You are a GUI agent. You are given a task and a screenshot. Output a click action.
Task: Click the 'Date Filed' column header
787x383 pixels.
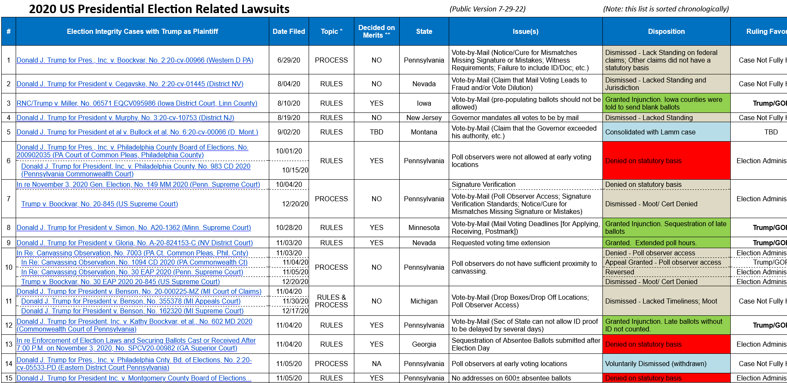click(289, 31)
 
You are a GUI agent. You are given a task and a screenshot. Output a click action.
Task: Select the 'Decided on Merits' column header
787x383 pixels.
click(376, 31)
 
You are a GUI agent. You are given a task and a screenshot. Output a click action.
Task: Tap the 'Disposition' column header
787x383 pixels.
click(666, 31)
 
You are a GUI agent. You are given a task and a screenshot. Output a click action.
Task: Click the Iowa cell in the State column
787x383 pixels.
click(424, 103)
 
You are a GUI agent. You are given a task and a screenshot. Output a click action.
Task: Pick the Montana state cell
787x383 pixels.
click(424, 132)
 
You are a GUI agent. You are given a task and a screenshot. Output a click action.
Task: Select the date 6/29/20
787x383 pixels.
click(289, 60)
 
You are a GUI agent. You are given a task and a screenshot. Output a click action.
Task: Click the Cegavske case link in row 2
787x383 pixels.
click(130, 84)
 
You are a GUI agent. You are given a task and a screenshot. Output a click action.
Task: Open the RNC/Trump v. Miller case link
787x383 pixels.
click(137, 103)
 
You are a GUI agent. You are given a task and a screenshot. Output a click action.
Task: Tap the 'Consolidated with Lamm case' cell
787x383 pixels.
click(650, 132)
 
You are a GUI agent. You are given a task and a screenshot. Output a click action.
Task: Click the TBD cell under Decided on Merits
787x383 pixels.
click(376, 132)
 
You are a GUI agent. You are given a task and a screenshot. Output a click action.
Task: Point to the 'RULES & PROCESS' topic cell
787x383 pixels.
click(331, 301)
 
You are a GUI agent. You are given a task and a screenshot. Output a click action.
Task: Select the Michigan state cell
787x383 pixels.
click(424, 301)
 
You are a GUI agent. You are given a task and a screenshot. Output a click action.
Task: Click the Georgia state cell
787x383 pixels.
click(424, 344)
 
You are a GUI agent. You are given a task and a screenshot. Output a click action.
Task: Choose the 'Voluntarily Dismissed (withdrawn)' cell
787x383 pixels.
click(656, 364)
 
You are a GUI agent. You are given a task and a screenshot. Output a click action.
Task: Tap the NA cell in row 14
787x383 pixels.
click(376, 364)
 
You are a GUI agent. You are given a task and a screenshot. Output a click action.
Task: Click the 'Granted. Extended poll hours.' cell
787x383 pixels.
click(651, 243)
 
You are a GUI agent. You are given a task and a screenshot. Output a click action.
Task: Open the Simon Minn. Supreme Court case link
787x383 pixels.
click(134, 227)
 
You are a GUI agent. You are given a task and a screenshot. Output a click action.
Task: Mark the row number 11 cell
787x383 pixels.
click(8, 301)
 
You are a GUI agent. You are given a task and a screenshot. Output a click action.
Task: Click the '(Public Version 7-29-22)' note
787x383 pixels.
click(487, 9)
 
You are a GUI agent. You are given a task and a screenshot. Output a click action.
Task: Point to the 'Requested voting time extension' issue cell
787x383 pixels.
click(501, 243)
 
